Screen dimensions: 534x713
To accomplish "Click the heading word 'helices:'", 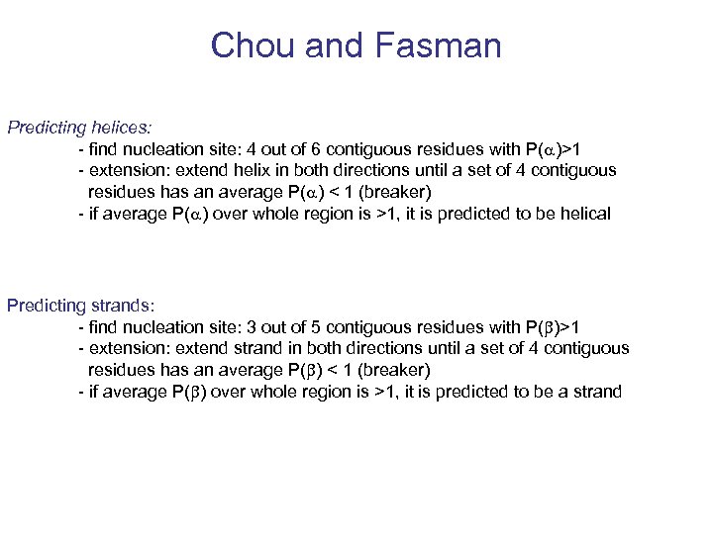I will click(120, 128).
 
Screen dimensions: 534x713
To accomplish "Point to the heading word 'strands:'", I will click(120, 306).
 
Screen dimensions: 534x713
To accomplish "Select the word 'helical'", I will click(584, 214).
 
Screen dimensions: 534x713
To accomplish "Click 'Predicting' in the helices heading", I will click(46, 128).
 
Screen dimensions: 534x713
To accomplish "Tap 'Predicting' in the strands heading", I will click(46, 306).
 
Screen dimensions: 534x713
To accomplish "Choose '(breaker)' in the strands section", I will click(393, 370).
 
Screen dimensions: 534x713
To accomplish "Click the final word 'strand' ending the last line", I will click(596, 392).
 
